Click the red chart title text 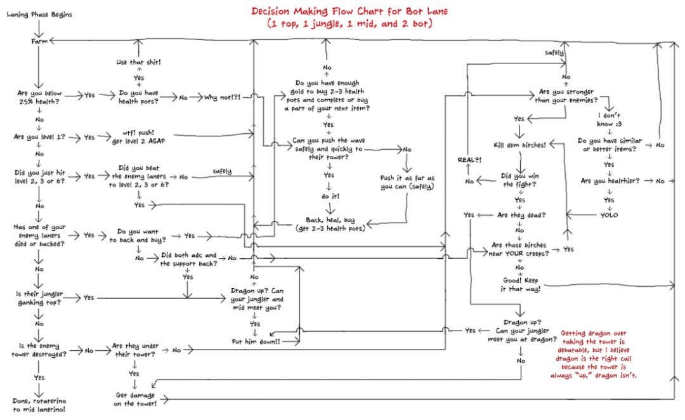[x=349, y=17]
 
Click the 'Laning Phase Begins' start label [x=39, y=15]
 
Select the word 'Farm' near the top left [x=39, y=41]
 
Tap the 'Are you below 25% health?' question [x=39, y=97]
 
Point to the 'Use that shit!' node [x=138, y=62]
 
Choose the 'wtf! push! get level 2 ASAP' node [x=138, y=136]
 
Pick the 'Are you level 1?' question [x=39, y=136]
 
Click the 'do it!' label [x=330, y=196]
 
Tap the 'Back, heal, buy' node [x=330, y=224]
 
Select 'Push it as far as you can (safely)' [x=407, y=182]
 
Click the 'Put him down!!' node [x=256, y=341]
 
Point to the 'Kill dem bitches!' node [x=519, y=145]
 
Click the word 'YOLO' [x=609, y=214]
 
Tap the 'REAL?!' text [x=469, y=160]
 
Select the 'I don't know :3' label [x=609, y=119]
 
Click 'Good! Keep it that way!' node [x=520, y=284]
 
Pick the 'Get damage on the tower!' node [x=134, y=399]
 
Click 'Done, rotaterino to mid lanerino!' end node [x=39, y=405]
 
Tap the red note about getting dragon [x=593, y=354]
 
